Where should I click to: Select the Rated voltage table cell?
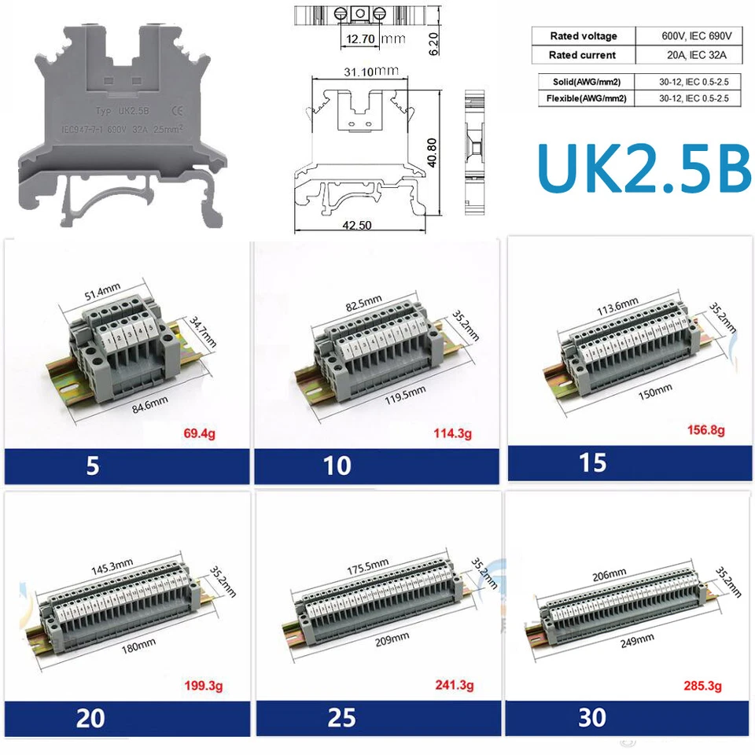(x=583, y=36)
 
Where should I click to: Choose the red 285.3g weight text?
(x=702, y=687)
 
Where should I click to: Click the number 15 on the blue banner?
(x=592, y=462)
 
